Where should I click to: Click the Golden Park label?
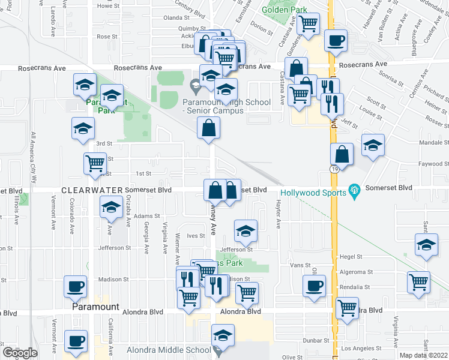coord(285,10)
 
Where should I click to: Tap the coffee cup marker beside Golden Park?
coord(336,40)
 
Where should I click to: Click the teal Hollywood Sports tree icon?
coord(354,192)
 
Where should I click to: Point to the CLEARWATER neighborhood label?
coord(91,190)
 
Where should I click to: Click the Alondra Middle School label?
coord(169,350)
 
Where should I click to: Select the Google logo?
coord(20,352)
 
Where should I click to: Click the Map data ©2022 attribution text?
coord(424,355)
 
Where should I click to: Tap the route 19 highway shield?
coord(334,171)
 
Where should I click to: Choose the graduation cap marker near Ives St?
coord(246,230)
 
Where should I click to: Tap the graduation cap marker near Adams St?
coord(110,208)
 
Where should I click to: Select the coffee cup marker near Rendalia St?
coord(315,285)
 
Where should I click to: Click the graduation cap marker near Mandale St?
coord(373,145)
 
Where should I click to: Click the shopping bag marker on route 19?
coord(342,155)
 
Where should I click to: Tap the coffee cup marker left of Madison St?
coord(76,286)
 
